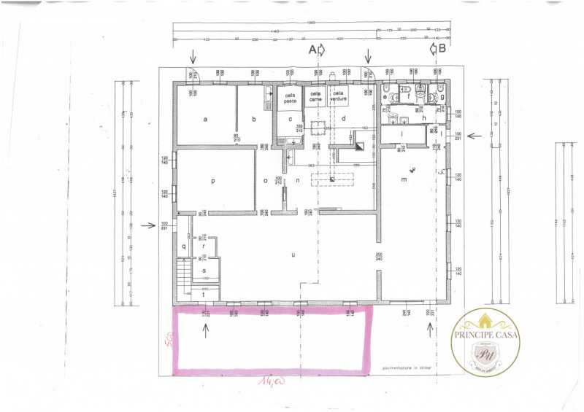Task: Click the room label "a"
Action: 205,118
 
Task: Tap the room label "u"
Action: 293,255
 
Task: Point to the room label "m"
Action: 404,179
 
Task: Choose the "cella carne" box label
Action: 315,98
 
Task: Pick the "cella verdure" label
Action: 337,96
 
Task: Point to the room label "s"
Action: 204,271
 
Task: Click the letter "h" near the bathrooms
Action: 423,117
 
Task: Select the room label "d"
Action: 343,118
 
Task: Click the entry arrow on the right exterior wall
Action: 472,135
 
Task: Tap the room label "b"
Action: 254,118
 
